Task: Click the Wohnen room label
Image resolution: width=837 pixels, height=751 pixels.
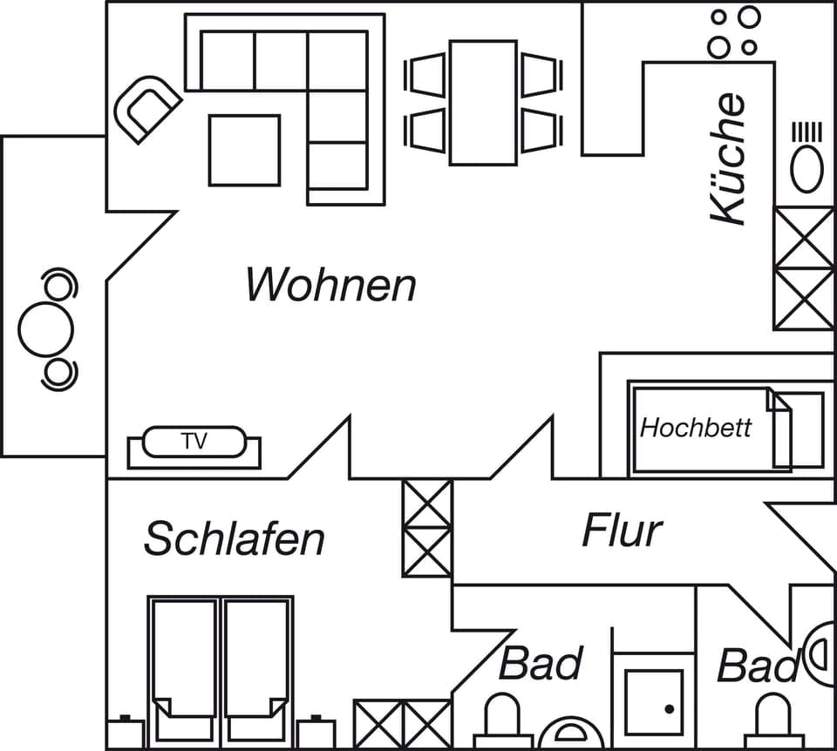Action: [330, 285]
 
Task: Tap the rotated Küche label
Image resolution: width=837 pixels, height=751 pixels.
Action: [729, 159]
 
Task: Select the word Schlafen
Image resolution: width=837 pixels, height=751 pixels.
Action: [234, 538]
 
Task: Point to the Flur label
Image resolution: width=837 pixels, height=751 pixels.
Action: [622, 531]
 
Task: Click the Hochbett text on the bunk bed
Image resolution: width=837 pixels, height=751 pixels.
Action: [695, 428]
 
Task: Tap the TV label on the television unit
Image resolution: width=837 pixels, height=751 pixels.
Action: [194, 442]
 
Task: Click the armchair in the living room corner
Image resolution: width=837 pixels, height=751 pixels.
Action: [146, 108]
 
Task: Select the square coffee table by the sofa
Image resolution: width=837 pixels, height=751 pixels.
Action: [244, 150]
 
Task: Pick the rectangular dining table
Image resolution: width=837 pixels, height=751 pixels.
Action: [483, 102]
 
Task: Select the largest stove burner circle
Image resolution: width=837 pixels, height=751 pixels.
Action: [749, 17]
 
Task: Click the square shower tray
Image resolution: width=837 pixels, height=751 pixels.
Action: [654, 702]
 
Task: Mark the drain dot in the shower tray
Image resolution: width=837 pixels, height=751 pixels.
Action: [669, 709]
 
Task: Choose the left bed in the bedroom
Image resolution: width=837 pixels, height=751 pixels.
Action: [182, 663]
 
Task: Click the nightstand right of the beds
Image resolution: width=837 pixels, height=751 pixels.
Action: [316, 734]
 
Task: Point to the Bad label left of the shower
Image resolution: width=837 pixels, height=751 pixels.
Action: [540, 664]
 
